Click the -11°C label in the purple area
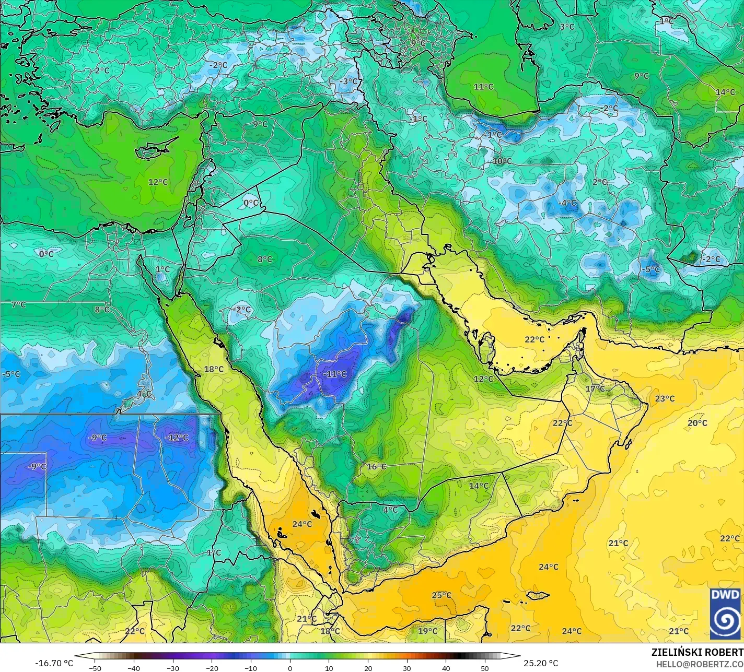[335, 374]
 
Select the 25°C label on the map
[441, 595]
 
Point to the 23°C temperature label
[665, 398]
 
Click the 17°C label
[595, 388]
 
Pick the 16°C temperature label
[376, 466]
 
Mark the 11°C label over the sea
[483, 87]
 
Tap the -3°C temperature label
[349, 81]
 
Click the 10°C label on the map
[502, 161]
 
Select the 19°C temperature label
[427, 631]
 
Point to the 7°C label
[18, 304]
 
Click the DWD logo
[725, 614]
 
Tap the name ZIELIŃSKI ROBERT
[697, 652]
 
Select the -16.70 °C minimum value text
[54, 663]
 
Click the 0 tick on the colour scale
[289, 667]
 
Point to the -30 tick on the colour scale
[172, 667]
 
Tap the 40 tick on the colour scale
[446, 667]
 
